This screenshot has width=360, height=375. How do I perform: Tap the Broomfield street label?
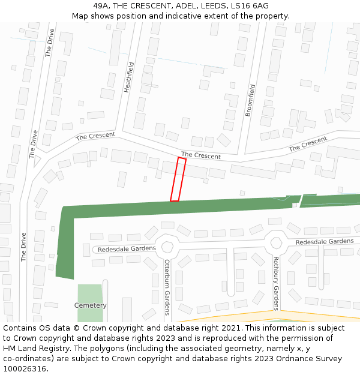[251, 100]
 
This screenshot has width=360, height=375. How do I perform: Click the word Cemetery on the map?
[90, 305]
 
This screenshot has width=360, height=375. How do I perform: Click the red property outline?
[178, 179]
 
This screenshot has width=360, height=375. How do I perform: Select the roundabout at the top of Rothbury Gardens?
[276, 243]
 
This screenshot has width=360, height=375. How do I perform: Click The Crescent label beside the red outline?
[201, 155]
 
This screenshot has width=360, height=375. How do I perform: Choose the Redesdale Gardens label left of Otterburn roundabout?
[127, 248]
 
